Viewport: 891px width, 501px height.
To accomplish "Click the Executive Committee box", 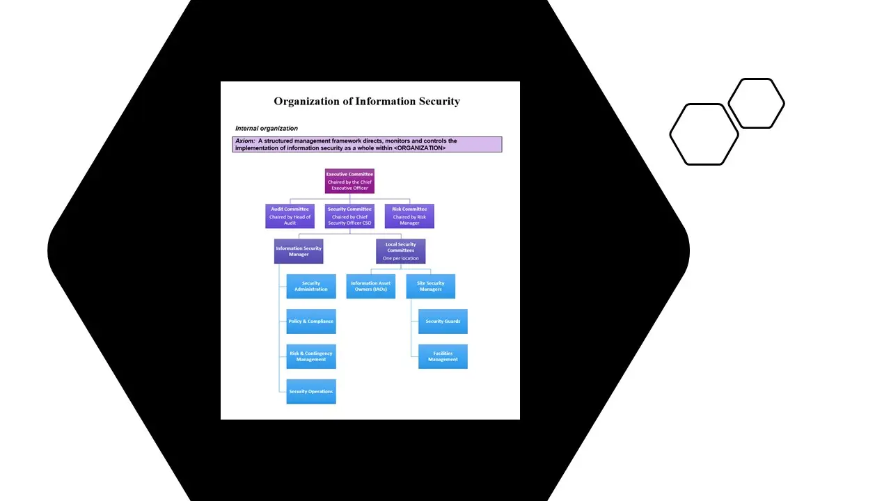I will (x=349, y=181).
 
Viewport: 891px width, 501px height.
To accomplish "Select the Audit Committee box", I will (x=290, y=216).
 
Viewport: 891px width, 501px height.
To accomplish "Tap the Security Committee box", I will (x=349, y=216).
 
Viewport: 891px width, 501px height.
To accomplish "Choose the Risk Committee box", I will (x=409, y=216).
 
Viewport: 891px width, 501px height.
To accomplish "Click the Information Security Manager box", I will (x=299, y=251).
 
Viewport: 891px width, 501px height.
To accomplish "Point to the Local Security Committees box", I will (x=401, y=251).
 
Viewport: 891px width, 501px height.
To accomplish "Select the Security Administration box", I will (x=311, y=286).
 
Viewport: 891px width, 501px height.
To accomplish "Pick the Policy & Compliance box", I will (x=311, y=321).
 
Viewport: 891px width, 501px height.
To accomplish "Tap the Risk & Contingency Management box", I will (x=311, y=356).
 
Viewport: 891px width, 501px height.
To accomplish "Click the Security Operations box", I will (x=311, y=392).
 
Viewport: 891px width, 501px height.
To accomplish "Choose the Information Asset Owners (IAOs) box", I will (x=370, y=286).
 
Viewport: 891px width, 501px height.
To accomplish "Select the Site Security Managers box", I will (x=431, y=286).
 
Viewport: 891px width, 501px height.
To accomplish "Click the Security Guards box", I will (x=443, y=321).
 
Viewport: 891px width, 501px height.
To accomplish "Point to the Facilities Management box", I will (x=443, y=356).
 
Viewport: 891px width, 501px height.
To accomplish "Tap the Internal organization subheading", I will (x=267, y=129).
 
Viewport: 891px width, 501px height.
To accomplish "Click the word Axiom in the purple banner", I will (x=244, y=141).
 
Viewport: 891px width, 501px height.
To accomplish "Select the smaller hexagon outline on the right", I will (x=757, y=104).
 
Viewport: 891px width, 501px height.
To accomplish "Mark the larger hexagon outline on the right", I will (x=704, y=134).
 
